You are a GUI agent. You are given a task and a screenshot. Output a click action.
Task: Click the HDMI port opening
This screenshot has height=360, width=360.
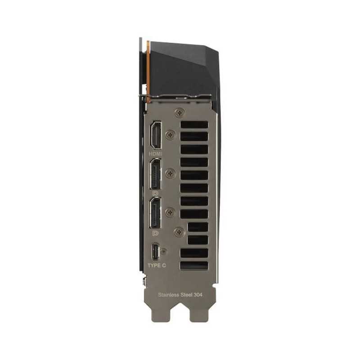point(155,135)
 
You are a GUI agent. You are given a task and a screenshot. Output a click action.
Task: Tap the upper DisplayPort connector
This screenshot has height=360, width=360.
point(155,174)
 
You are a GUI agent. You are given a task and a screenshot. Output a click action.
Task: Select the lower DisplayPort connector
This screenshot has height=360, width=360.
point(155,213)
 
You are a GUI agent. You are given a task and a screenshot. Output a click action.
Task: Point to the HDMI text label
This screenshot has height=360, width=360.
point(155,153)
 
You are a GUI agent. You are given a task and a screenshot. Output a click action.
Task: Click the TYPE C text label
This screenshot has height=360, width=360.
point(157,265)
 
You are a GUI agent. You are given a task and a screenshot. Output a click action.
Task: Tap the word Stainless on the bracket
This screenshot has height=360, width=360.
point(168,295)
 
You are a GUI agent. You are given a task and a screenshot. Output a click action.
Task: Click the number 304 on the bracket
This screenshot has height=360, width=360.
point(198,295)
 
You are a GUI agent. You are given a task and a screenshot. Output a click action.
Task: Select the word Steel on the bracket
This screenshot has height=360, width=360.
point(186,295)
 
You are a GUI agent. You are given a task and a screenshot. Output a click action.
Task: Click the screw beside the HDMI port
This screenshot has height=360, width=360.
point(171,135)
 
